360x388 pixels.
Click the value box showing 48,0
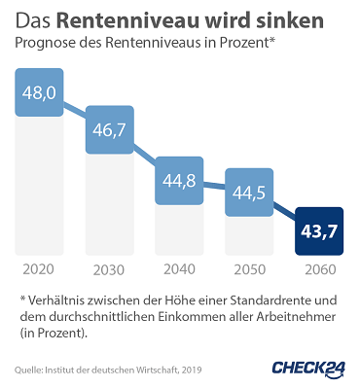39,93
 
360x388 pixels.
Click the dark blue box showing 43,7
319,234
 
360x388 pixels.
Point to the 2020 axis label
39,269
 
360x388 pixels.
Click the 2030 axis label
109,269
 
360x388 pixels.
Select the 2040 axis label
179,269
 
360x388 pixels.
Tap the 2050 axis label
249,269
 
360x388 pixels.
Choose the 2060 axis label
319,269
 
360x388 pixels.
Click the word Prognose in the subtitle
48,45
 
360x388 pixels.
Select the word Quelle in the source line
30,370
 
